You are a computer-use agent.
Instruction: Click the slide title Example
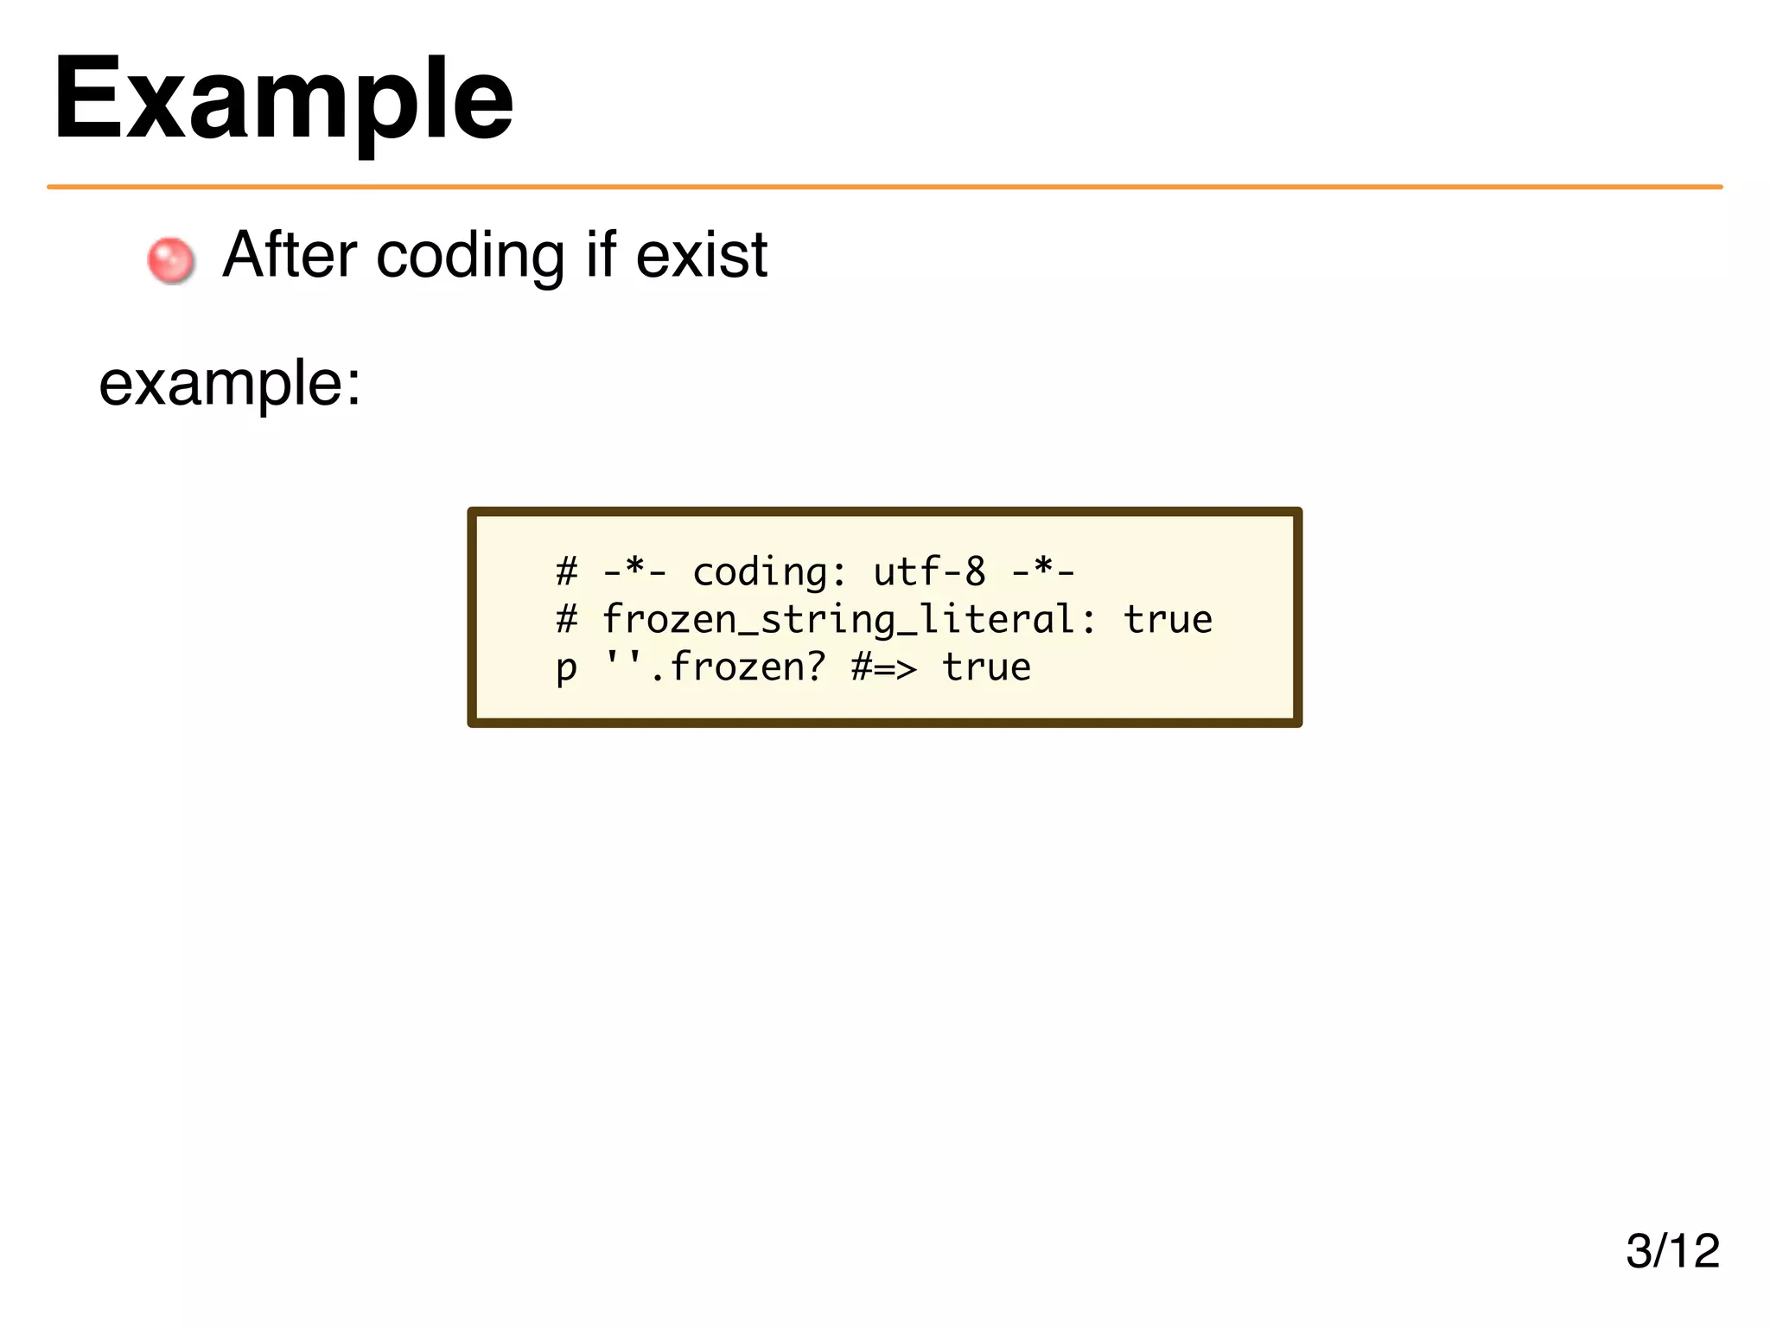[283, 99]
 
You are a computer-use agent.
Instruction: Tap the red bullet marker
[170, 259]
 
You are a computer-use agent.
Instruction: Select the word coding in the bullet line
[470, 256]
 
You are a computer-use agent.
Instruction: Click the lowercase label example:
[229, 383]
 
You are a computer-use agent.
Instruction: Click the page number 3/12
[1672, 1250]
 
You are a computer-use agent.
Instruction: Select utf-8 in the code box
[929, 571]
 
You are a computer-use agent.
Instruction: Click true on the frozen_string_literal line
[1168, 620]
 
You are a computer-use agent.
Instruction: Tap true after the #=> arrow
[986, 667]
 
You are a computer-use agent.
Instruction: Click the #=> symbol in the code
[883, 667]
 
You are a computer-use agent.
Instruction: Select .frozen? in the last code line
[737, 667]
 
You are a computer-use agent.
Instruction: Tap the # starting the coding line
[566, 571]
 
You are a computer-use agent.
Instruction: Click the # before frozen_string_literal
[566, 620]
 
